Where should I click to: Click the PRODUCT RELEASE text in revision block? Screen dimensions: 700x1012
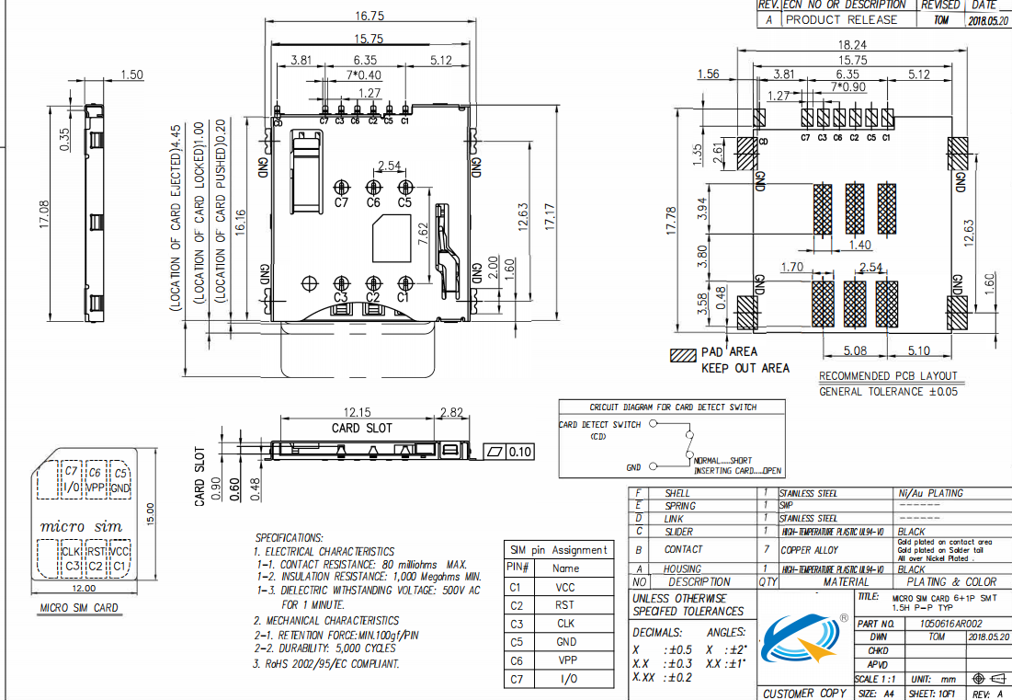pos(840,19)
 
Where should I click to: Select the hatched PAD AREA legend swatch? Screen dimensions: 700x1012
pos(684,353)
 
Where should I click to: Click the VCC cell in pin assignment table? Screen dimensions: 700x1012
pos(565,587)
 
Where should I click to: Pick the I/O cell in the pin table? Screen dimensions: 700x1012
pos(565,679)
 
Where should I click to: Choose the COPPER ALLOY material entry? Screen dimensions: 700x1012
pos(809,549)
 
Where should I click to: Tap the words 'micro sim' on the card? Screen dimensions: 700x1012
pos(82,526)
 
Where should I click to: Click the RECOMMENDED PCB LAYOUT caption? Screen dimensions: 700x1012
pos(888,375)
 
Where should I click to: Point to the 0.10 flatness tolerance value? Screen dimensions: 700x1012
pos(520,452)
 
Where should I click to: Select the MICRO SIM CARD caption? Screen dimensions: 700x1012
pos(79,608)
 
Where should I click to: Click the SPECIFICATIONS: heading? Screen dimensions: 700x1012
pos(289,537)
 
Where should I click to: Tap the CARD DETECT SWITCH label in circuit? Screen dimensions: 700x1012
pos(599,425)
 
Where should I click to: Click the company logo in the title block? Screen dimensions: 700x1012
pos(802,642)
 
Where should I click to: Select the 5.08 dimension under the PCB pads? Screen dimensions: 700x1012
pos(856,350)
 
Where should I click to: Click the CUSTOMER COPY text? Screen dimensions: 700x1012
pos(805,693)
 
